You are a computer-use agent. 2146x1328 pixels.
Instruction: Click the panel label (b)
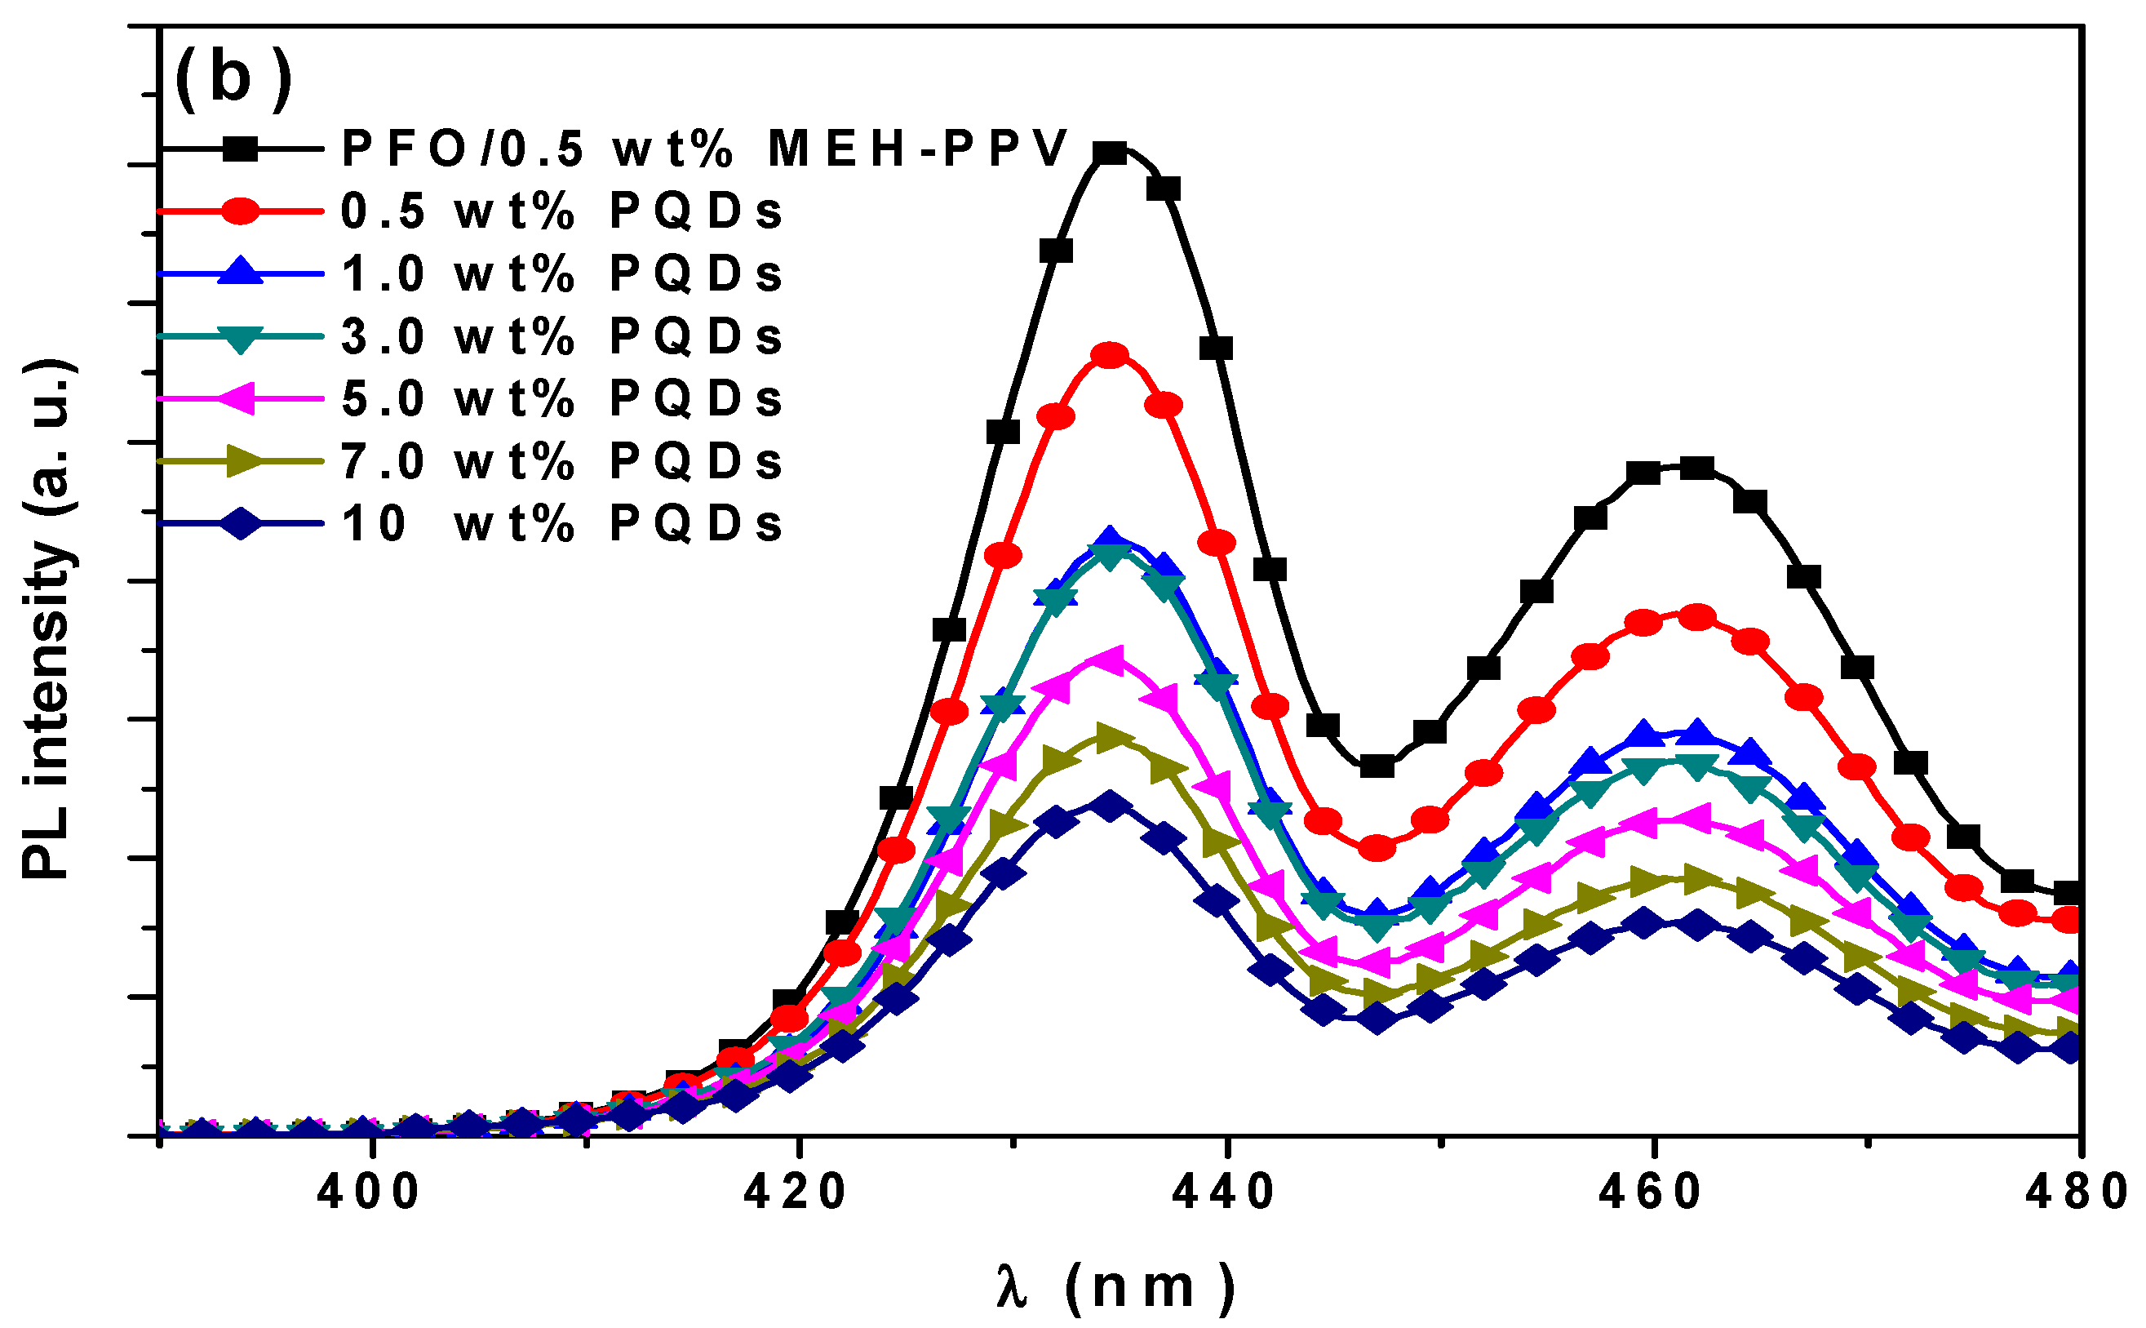coord(233,79)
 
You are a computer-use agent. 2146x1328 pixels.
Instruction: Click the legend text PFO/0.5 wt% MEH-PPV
coord(703,149)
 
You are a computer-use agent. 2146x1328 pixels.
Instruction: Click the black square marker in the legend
coord(240,149)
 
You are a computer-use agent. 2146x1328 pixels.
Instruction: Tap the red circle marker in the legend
coord(240,211)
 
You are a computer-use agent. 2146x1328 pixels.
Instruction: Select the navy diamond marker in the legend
coord(240,524)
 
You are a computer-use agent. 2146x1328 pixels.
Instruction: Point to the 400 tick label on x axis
coord(370,1193)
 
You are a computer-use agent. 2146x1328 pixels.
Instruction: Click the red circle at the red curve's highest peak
coord(1110,356)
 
